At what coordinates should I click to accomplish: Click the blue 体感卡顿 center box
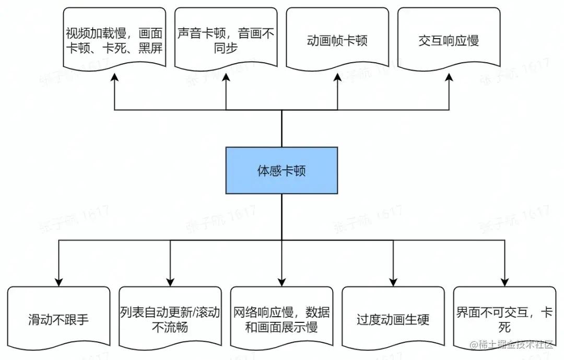pos(281,170)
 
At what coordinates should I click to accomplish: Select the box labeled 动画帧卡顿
pos(337,41)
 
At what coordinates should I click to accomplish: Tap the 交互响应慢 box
pos(449,41)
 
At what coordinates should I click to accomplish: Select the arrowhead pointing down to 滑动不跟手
pos(58,281)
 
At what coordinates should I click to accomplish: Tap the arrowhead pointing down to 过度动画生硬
pos(393,281)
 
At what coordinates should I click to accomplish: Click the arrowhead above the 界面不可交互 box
pos(504,281)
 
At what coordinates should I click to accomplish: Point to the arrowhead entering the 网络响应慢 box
pos(281,281)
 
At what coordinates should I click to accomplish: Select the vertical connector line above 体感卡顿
pos(281,129)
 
